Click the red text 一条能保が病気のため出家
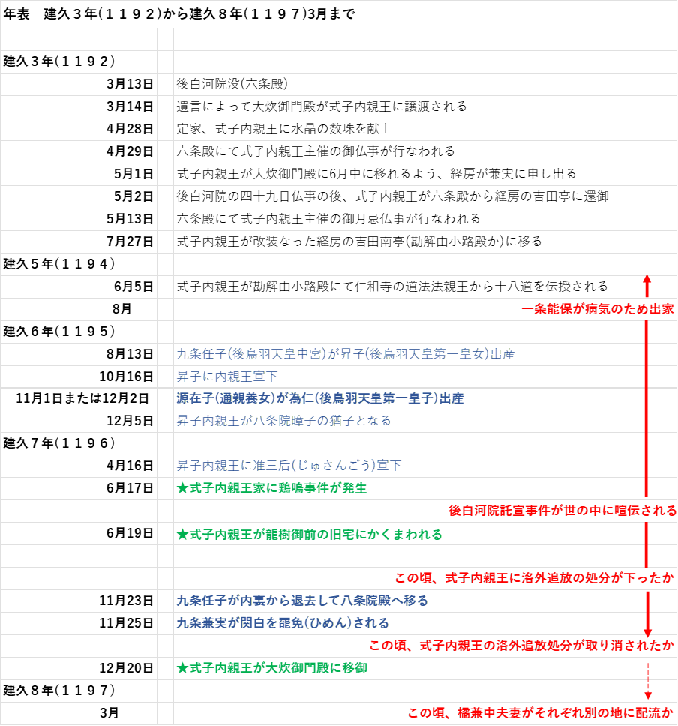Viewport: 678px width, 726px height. point(598,309)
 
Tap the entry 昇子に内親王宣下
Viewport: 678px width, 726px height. point(226,376)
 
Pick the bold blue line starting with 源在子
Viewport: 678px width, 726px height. point(319,398)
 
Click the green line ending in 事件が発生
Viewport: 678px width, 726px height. point(271,488)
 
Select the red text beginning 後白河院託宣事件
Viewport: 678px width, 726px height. point(562,511)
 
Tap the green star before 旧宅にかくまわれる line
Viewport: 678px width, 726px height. point(182,535)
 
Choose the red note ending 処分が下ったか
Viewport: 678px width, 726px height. point(535,578)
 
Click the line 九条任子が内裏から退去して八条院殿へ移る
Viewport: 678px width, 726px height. point(301,601)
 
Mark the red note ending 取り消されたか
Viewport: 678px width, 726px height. point(522,645)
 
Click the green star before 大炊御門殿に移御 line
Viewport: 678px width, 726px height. point(182,667)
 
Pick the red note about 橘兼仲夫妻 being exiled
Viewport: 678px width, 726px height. point(541,712)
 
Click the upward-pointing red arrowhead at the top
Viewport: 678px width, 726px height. point(647,280)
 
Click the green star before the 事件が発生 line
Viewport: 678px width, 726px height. point(182,488)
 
